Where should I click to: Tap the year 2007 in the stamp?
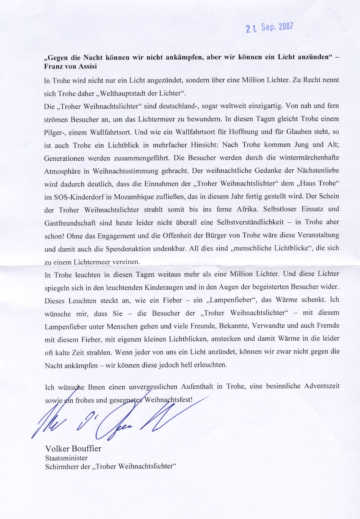[286, 27]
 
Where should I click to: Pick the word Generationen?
[64, 159]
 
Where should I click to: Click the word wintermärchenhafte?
[309, 157]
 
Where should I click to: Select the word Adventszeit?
[322, 386]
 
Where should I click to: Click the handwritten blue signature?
[117, 420]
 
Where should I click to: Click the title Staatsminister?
[66, 458]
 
